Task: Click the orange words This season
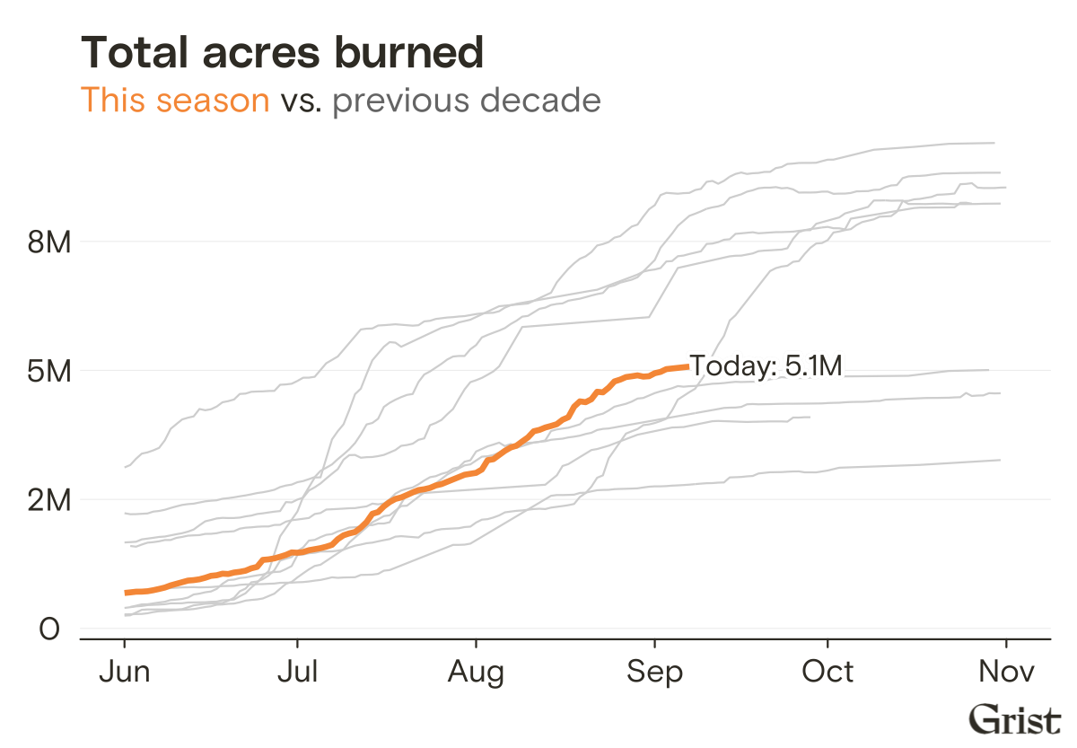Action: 175,100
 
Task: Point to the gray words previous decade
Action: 466,100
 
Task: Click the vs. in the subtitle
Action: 301,100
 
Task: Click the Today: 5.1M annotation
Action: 766,366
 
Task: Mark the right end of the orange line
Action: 687,366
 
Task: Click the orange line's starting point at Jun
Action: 126,593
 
